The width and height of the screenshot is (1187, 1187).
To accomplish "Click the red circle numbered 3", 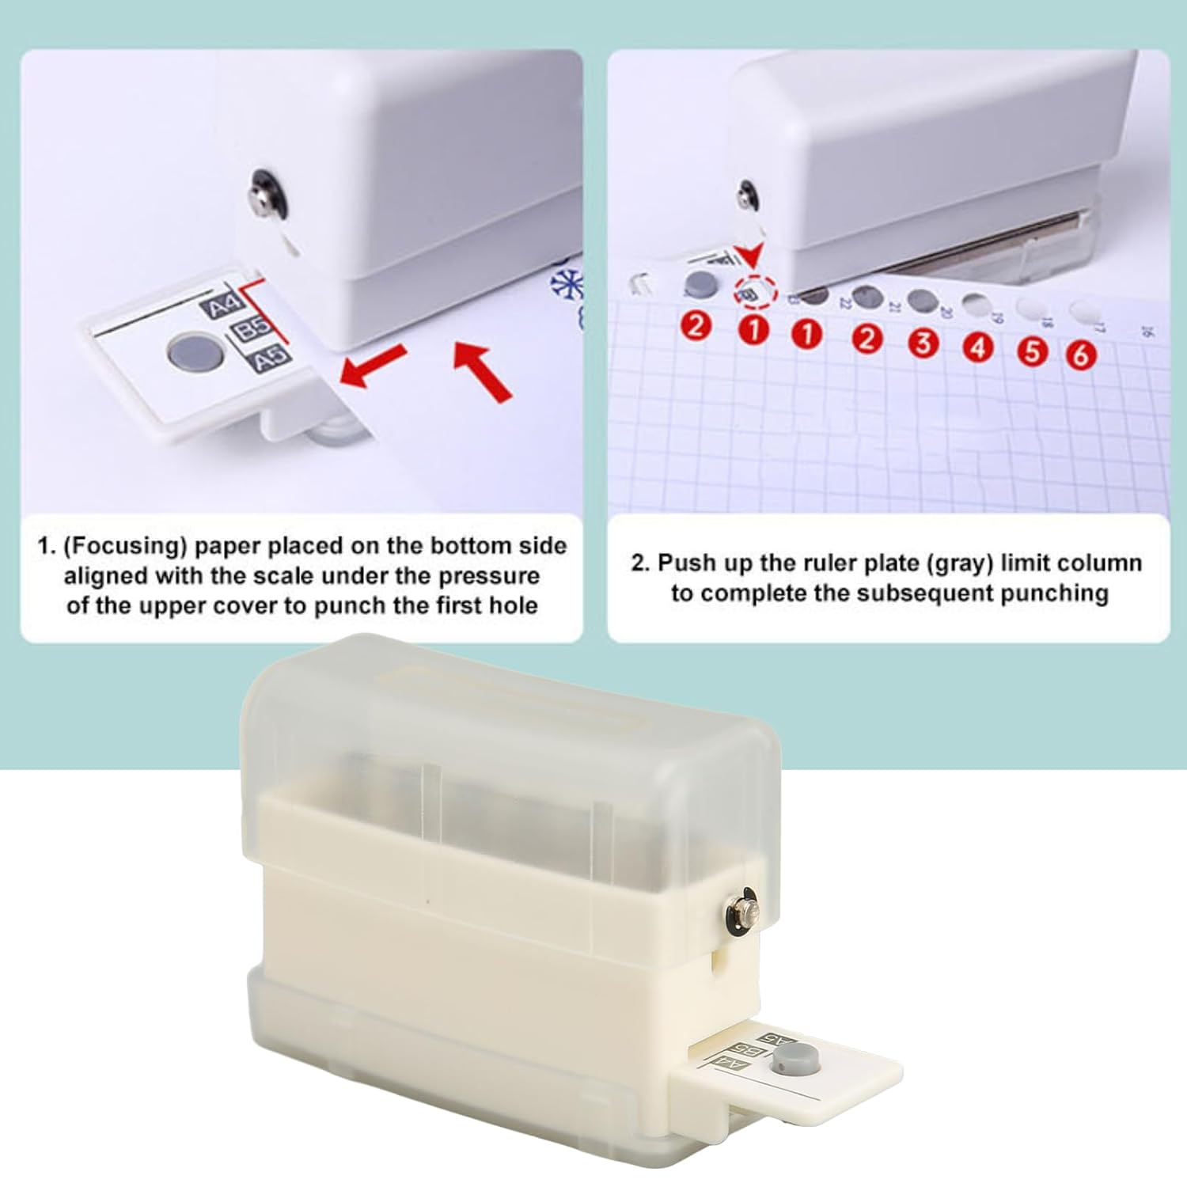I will point(923,343).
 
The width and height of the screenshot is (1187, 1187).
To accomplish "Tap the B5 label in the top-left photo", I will point(253,328).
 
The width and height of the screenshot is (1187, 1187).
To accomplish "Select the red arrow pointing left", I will point(372,366).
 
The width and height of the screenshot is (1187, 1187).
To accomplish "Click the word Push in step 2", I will point(685,563).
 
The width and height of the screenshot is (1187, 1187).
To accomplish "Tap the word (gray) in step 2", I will point(958,563).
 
